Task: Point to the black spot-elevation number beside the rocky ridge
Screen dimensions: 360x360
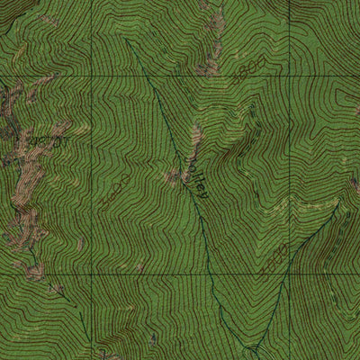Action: point(47,140)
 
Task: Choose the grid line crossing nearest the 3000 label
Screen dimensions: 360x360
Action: point(289,272)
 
